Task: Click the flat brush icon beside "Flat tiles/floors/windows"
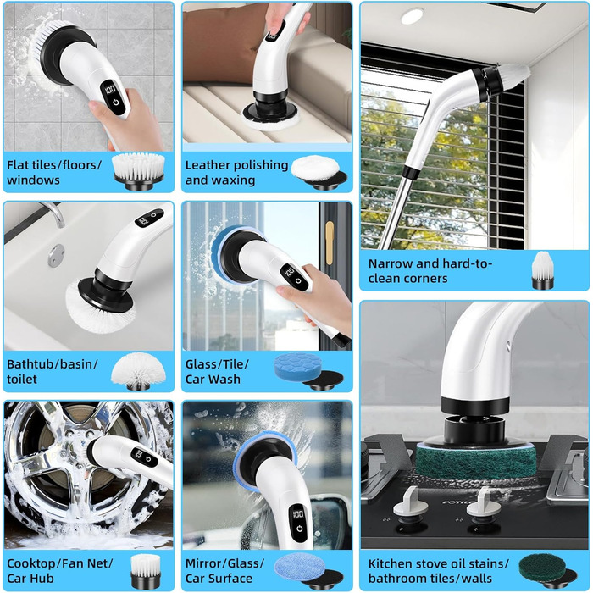click(139, 170)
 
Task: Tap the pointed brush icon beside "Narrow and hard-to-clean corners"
click(542, 270)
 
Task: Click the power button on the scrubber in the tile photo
click(116, 103)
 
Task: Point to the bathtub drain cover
click(57, 256)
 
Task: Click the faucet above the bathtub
click(53, 213)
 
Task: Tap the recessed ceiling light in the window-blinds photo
click(412, 16)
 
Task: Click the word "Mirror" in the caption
click(203, 563)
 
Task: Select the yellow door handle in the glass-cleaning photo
click(330, 243)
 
